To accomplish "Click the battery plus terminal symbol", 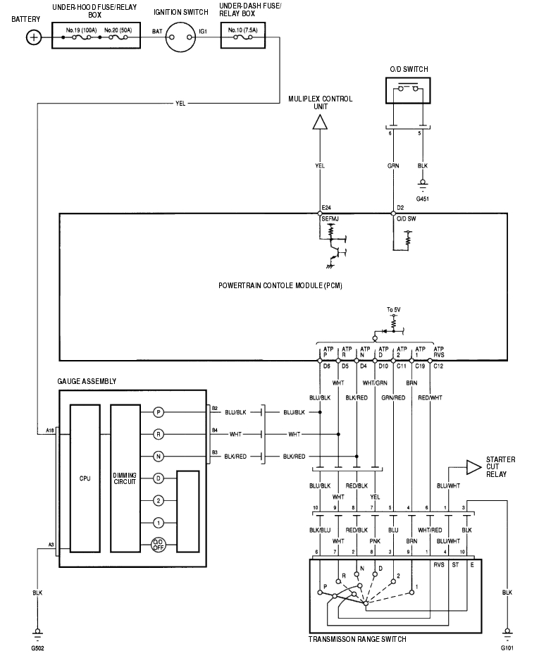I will point(34,37).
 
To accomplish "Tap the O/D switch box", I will point(409,91).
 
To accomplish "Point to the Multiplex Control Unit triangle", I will point(321,123).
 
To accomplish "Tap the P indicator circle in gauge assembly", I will point(159,411).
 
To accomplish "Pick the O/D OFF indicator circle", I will point(159,545).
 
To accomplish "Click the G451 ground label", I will point(422,199).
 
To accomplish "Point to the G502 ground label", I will point(38,646).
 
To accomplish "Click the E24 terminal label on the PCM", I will point(326,209).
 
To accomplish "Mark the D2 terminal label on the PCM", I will point(399,209).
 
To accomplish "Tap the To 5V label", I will point(393,310).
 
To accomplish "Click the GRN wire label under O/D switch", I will point(392,167).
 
